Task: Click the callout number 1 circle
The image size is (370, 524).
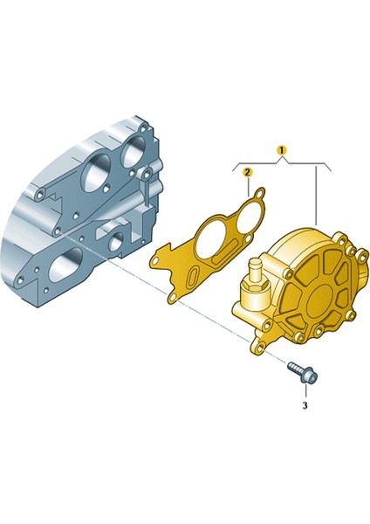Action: point(281,150)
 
